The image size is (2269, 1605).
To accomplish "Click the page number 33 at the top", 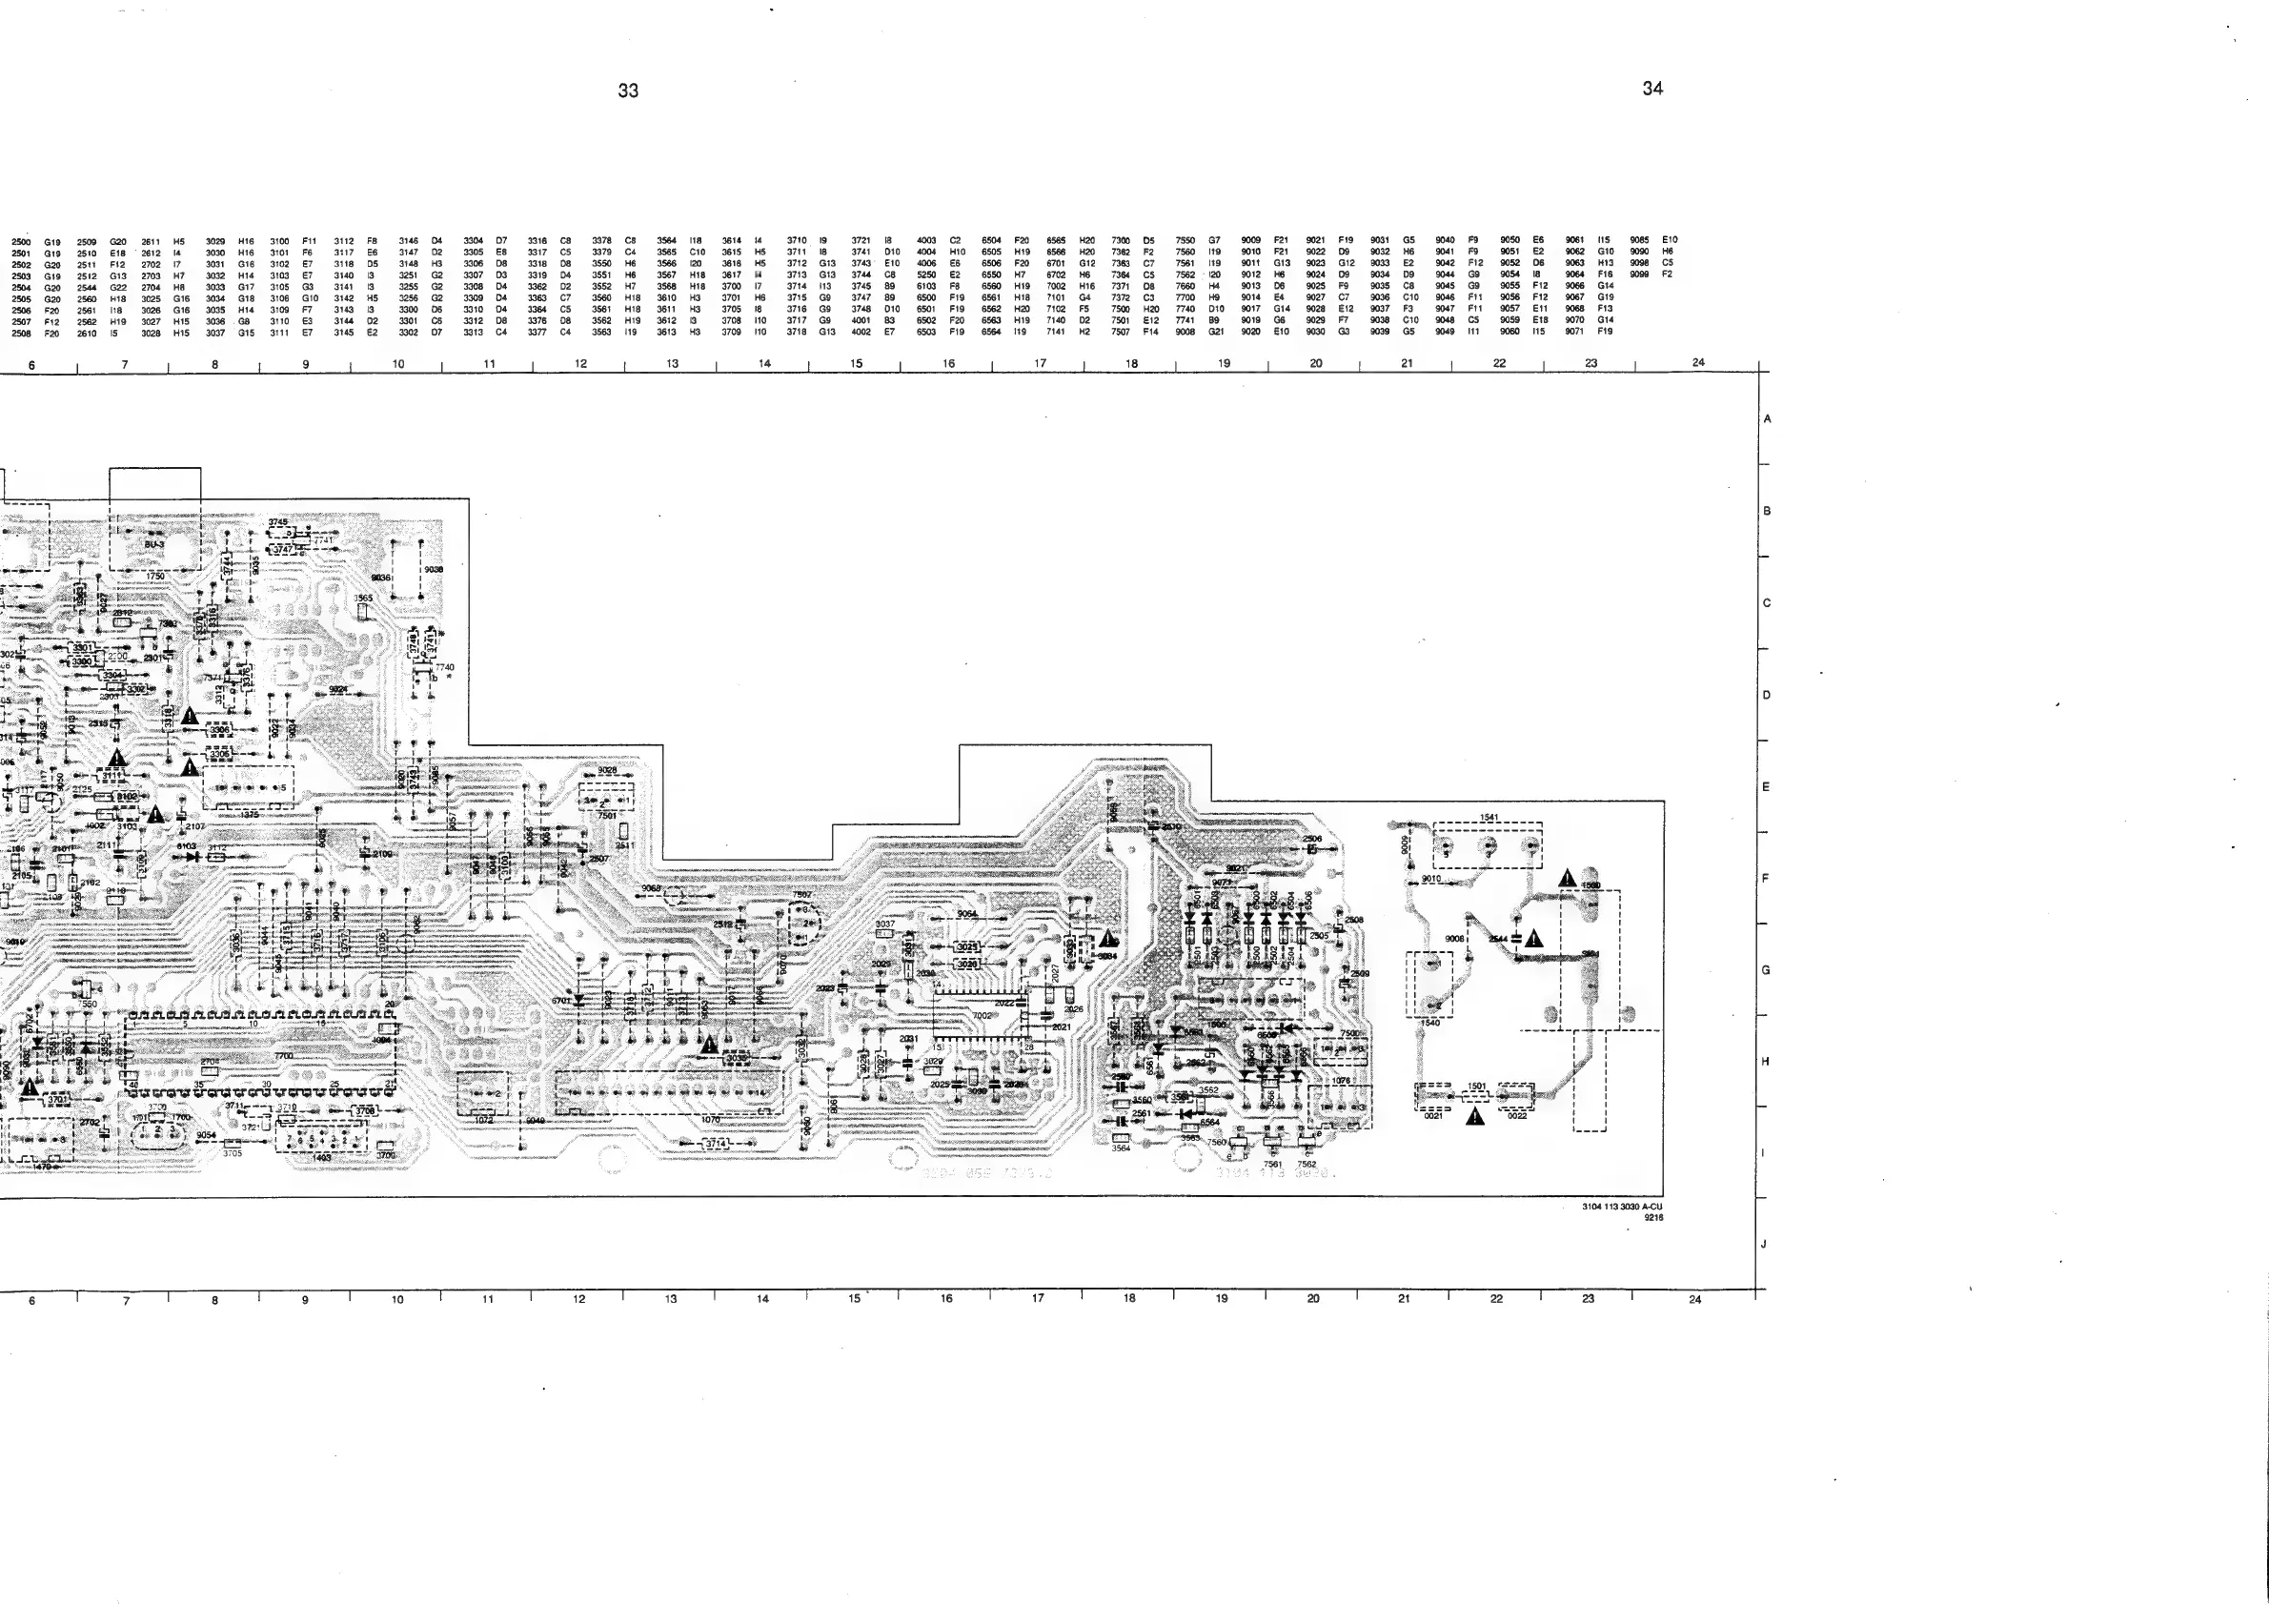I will tap(629, 91).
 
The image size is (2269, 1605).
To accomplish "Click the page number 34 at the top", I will tap(1652, 89).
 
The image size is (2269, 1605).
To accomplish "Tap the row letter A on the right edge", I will tap(1767, 419).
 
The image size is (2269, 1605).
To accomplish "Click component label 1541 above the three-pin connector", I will tap(1489, 818).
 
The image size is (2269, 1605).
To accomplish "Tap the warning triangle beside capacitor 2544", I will tap(1533, 938).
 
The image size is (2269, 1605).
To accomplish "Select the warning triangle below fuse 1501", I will tap(1475, 1118).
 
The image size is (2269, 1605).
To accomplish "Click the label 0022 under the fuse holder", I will tap(1517, 1116).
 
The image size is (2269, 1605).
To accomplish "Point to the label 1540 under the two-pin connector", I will tap(1430, 1023).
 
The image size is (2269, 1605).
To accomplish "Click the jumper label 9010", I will tap(1431, 879).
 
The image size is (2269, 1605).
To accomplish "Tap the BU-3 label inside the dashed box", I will tap(154, 544).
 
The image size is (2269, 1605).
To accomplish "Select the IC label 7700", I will tap(284, 1055).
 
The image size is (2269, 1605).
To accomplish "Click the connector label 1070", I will tap(711, 1120).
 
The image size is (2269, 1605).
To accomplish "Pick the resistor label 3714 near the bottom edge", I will tap(716, 1144).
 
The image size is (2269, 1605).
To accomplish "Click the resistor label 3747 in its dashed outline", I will tap(283, 550).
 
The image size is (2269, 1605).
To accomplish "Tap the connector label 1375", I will tap(249, 813).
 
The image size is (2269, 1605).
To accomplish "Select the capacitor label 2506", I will tap(1312, 839).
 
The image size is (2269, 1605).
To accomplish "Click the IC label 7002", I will tap(982, 1015).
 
